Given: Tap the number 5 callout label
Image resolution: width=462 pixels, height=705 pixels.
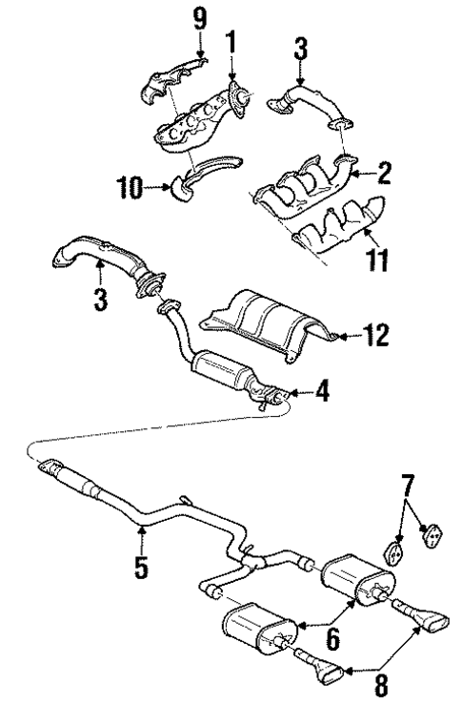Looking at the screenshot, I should tap(141, 569).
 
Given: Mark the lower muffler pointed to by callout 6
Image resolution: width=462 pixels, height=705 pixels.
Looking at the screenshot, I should tap(255, 628).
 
